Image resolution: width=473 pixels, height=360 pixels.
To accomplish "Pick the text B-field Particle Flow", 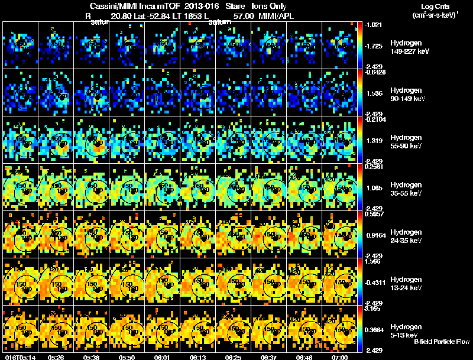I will click(441, 342).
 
